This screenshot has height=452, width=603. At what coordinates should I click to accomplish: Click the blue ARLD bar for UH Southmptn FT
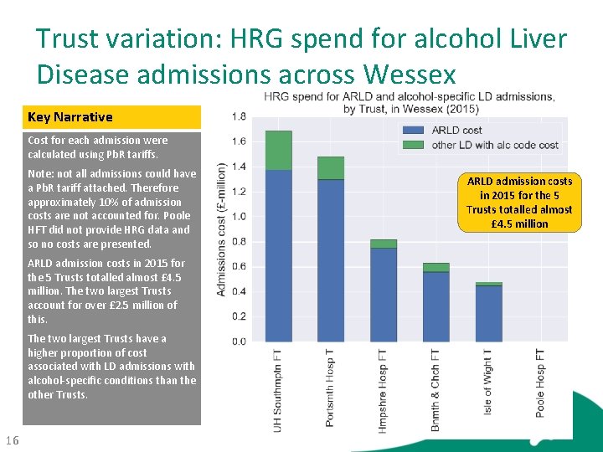[x=278, y=255]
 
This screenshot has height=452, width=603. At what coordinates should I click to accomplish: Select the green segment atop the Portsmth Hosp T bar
[x=331, y=167]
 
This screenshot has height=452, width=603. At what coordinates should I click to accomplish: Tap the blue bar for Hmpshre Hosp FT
[x=384, y=294]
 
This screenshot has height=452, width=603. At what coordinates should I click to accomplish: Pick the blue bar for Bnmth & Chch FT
[x=435, y=306]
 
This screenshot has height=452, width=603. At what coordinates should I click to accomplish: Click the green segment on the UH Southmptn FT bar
[x=278, y=150]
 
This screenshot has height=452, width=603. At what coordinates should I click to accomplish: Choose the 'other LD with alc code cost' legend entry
[x=481, y=145]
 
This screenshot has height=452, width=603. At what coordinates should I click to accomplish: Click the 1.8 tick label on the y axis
[x=239, y=116]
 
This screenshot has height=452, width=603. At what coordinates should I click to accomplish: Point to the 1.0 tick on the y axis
[x=239, y=217]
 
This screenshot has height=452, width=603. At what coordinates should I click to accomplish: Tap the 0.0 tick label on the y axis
[x=239, y=342]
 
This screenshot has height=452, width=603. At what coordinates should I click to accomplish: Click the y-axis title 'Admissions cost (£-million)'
[x=221, y=229]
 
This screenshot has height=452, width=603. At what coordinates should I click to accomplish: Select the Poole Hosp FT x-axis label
[x=540, y=383]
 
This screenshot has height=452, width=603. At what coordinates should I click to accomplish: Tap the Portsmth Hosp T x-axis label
[x=330, y=388]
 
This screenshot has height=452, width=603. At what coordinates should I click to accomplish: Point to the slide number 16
[x=12, y=441]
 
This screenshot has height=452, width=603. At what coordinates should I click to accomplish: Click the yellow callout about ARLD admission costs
[x=519, y=203]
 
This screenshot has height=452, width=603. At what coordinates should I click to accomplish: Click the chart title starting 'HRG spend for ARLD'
[x=409, y=102]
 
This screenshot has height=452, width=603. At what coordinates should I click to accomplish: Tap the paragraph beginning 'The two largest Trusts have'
[x=111, y=367]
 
